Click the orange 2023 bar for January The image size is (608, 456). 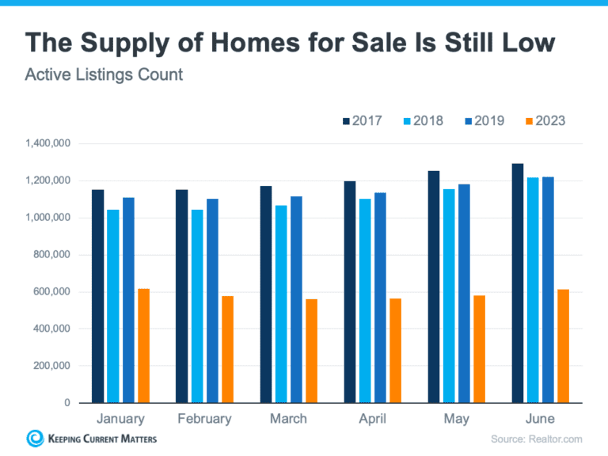(x=143, y=346)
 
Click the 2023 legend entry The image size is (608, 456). (x=545, y=121)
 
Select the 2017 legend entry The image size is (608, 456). (x=361, y=121)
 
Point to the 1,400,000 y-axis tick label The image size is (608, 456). (x=48, y=144)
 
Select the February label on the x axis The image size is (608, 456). (x=204, y=419)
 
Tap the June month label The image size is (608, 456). (x=540, y=419)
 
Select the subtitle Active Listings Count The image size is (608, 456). (x=104, y=75)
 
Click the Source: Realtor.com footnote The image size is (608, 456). (x=536, y=439)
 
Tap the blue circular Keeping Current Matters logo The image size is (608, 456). (x=35, y=438)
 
